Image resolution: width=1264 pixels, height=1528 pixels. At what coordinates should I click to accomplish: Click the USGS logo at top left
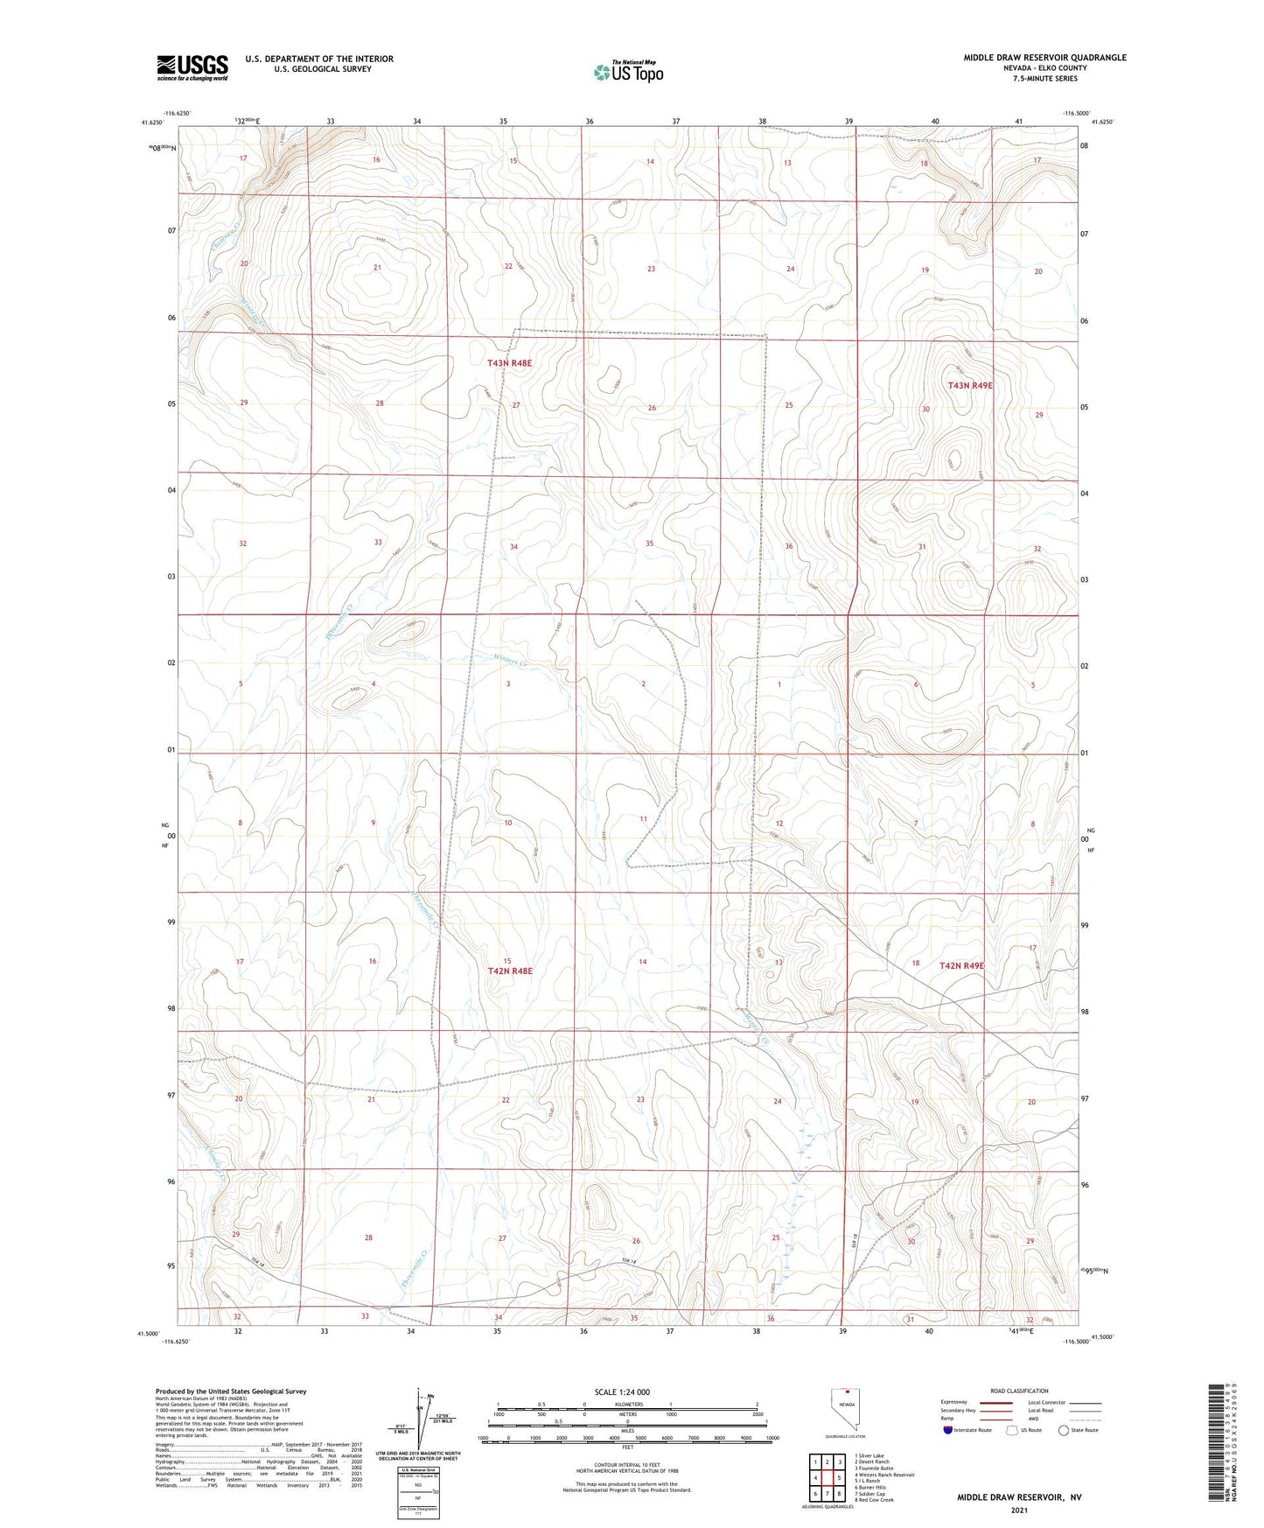(192, 67)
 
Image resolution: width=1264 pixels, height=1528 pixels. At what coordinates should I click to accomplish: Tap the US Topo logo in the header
(627, 72)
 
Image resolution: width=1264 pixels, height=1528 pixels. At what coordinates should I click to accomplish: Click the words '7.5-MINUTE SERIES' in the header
(1044, 79)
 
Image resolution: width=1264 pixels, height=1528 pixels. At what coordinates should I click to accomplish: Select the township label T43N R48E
(509, 362)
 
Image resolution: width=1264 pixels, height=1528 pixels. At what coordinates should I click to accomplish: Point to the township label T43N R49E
(970, 385)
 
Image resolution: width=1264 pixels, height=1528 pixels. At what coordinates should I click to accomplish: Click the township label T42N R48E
(509, 971)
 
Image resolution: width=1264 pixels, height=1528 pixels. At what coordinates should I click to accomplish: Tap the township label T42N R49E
(961, 966)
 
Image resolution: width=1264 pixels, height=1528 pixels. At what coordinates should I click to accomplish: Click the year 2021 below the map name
(1019, 1510)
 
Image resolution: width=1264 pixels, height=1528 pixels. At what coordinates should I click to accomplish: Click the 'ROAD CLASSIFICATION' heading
(1019, 1391)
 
